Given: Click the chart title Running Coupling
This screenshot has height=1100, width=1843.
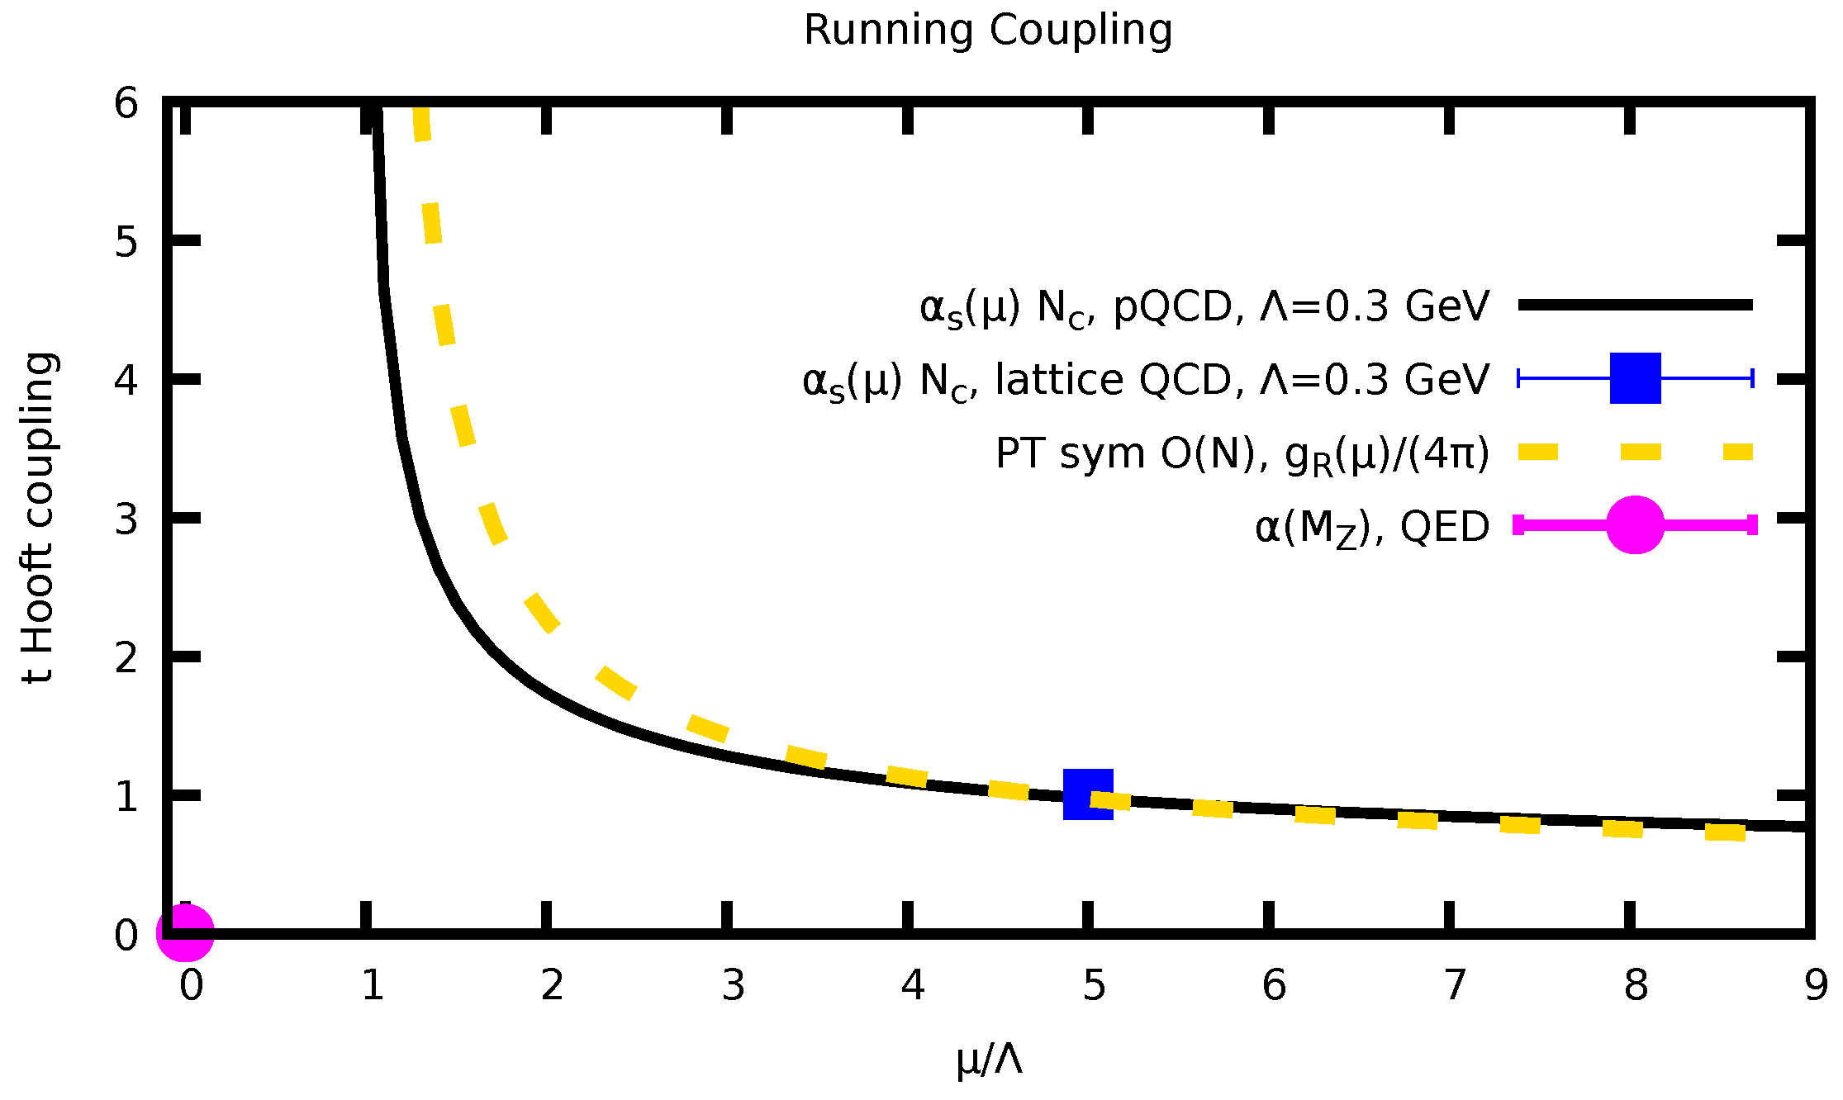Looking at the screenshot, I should tap(987, 31).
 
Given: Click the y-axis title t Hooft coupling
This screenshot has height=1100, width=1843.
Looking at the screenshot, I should tap(39, 519).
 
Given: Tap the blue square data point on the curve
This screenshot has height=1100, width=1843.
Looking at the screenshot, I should tap(1088, 794).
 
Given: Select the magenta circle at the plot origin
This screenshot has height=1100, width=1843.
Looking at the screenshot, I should tap(185, 933).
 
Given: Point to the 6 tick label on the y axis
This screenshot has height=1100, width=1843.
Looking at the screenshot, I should tap(126, 104).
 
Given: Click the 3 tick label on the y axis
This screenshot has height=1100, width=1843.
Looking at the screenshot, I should tap(126, 520).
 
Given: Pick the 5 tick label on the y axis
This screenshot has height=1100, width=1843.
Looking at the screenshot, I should tap(126, 243).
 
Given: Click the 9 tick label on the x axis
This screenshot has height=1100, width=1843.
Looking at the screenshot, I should tap(1816, 985).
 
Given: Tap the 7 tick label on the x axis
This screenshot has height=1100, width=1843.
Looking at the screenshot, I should tap(1455, 985).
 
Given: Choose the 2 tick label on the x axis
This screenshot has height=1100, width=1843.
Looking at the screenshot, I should tap(552, 985).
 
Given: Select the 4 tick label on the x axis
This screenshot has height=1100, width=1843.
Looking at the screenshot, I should tap(913, 985).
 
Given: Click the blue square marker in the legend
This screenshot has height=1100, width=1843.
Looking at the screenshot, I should tap(1635, 378).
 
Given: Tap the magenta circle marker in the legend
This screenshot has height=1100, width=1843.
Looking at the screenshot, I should tap(1635, 525).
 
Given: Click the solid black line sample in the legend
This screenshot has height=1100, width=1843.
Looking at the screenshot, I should tap(1635, 306).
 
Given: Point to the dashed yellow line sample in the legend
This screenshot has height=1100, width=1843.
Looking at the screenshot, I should tap(1635, 452).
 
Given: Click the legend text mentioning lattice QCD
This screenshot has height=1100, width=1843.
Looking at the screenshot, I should tap(1145, 381).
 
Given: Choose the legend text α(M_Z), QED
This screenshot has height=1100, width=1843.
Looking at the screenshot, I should tap(1371, 527).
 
